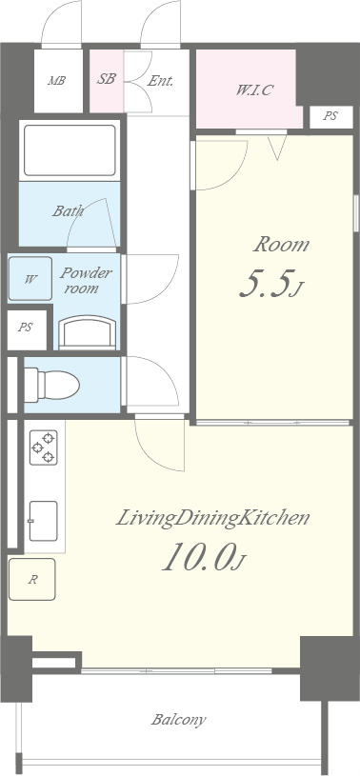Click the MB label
click(x=56, y=80)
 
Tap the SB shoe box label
click(x=106, y=79)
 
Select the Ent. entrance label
click(x=160, y=80)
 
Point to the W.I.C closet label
click(x=254, y=90)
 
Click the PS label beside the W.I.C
click(x=330, y=116)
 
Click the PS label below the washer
click(x=26, y=328)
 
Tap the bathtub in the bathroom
click(x=70, y=150)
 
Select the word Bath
click(x=68, y=211)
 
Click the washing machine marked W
click(x=30, y=279)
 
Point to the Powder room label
click(x=86, y=280)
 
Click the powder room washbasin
click(x=88, y=332)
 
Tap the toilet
click(x=51, y=385)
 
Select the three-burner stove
click(x=44, y=448)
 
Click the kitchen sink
click(x=43, y=521)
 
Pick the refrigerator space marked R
click(x=31, y=580)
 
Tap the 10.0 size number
click(x=204, y=557)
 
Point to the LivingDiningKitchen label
click(x=213, y=519)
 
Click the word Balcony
click(x=178, y=720)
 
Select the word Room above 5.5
click(x=281, y=245)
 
